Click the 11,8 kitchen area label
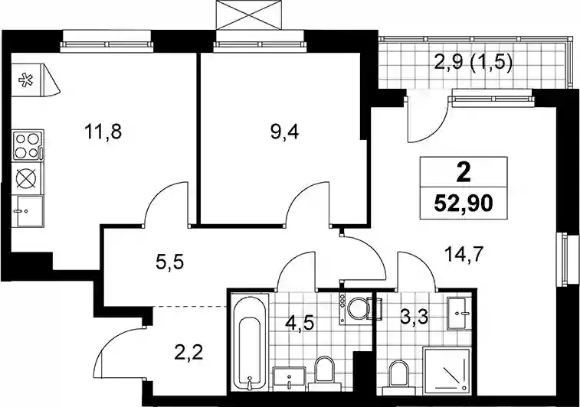tap(103, 132)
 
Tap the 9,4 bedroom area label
tap(284, 132)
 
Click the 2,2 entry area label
tap(188, 354)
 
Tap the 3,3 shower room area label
tap(414, 317)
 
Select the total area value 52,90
tap(464, 203)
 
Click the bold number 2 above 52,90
tap(464, 173)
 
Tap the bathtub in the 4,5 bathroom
tap(250, 341)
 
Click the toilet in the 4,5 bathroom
tap(324, 370)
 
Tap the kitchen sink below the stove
tap(28, 211)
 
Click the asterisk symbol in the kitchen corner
tap(26, 80)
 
